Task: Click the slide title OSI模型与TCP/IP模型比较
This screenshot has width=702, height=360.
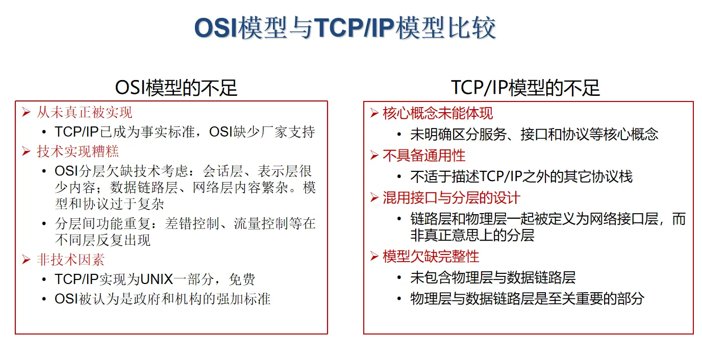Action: [345, 28]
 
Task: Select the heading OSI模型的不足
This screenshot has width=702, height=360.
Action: [176, 88]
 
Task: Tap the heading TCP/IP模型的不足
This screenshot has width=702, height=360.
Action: [525, 88]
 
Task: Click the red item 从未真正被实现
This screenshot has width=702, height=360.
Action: [84, 112]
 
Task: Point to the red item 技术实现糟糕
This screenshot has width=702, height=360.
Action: [78, 151]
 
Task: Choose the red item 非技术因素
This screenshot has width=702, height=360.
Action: [70, 260]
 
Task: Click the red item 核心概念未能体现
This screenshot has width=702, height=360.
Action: [438, 113]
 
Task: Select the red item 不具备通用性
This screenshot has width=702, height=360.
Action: [424, 156]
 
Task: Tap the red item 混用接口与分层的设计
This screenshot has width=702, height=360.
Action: [452, 198]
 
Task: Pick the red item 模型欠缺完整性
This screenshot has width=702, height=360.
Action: [431, 256]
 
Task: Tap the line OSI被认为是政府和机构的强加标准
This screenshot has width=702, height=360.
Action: [162, 299]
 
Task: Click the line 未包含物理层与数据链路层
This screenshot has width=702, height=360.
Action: [493, 278]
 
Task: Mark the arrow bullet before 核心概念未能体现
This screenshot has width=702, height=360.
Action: [374, 113]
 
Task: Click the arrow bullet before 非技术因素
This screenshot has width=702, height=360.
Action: [27, 260]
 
